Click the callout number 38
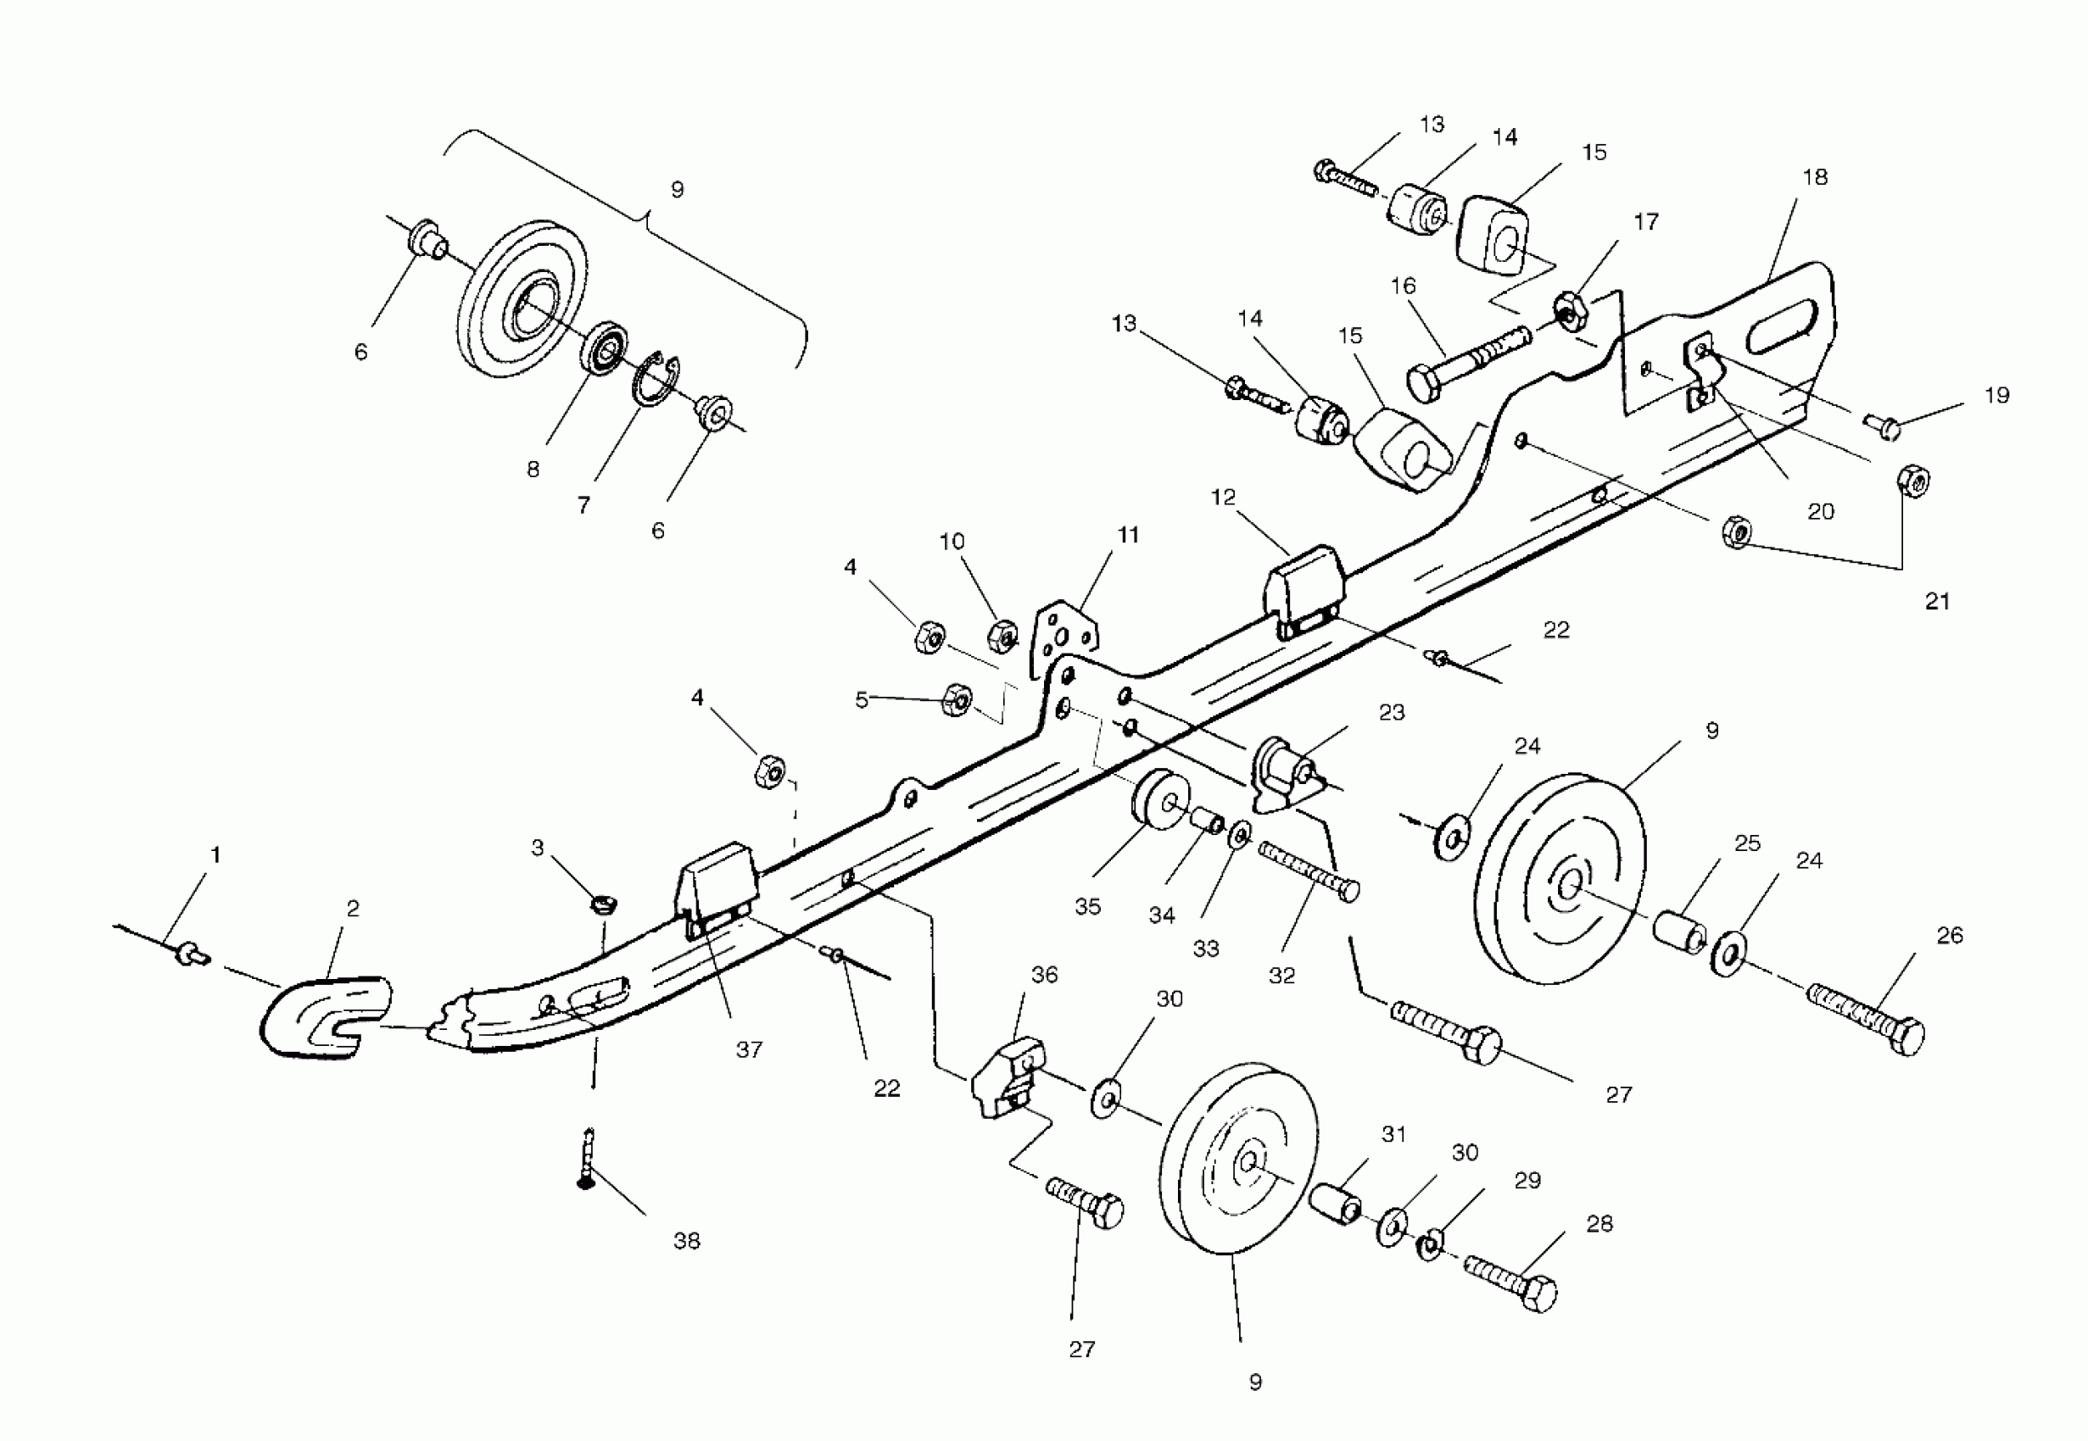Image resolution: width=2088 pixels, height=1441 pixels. [x=686, y=1241]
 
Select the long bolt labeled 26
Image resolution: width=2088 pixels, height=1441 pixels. [x=1866, y=1021]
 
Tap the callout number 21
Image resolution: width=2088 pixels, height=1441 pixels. [x=1937, y=601]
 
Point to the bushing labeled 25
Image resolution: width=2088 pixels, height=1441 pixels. [x=1680, y=930]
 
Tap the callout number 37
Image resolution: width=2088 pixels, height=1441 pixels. [x=749, y=1049]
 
